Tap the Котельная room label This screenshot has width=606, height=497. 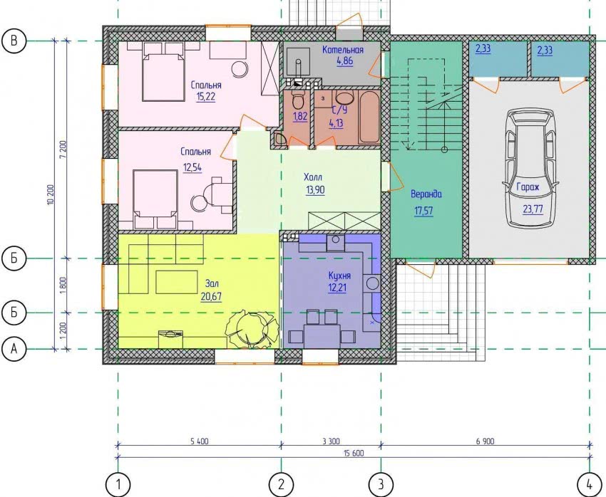(x=343, y=50)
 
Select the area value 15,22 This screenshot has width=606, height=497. (x=205, y=96)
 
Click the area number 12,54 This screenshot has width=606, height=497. (x=192, y=168)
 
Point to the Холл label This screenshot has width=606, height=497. (x=313, y=177)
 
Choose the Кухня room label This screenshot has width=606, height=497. (x=339, y=276)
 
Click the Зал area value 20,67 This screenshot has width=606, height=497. (x=211, y=296)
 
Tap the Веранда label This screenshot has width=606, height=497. (x=426, y=194)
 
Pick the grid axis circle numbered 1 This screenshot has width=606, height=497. (x=118, y=484)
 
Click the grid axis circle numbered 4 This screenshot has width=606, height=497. (x=590, y=484)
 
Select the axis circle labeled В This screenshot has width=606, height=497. (x=14, y=41)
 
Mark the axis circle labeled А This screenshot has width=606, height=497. (x=14, y=349)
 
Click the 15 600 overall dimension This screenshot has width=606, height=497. (x=353, y=454)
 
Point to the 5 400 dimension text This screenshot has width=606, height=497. (x=200, y=441)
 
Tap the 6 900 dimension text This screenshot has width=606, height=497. (x=485, y=441)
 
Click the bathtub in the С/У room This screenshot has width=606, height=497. (x=369, y=117)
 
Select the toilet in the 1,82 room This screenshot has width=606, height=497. (x=298, y=100)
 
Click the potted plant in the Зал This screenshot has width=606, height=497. (x=252, y=329)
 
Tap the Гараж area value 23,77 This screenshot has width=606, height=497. (x=533, y=209)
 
